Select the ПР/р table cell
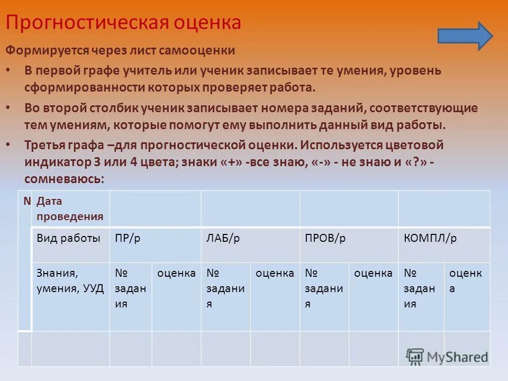coord(155,244)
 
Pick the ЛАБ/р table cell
coord(250,244)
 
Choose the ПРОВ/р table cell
coord(349,244)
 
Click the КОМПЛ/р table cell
coord(444,244)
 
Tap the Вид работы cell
coord(70,244)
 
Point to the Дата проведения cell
coord(70,208)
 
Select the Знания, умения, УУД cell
coord(70,296)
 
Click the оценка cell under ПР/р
coord(176,296)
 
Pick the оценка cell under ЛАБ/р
coord(275,296)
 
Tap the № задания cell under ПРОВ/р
coord(324,296)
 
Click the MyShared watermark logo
coord(447,356)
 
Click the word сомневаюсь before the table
coord(62,179)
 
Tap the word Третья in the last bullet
coord(46,145)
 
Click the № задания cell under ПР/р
coord(131,296)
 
